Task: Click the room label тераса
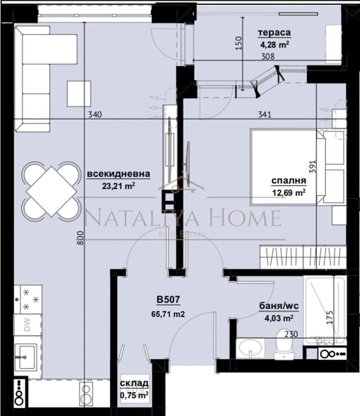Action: (x=274, y=33)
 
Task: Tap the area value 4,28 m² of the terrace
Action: (x=274, y=45)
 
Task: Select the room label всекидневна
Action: (x=118, y=174)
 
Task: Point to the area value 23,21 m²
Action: (x=118, y=186)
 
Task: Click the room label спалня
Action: (x=288, y=181)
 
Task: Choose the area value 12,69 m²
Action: (x=288, y=192)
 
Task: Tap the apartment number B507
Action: (x=168, y=300)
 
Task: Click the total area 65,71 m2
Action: (x=168, y=314)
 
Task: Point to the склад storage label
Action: (x=134, y=383)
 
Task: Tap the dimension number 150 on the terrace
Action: (x=239, y=43)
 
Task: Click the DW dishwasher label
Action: (x=27, y=324)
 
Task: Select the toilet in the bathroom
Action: (x=284, y=344)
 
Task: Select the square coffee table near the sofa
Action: (x=79, y=94)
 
